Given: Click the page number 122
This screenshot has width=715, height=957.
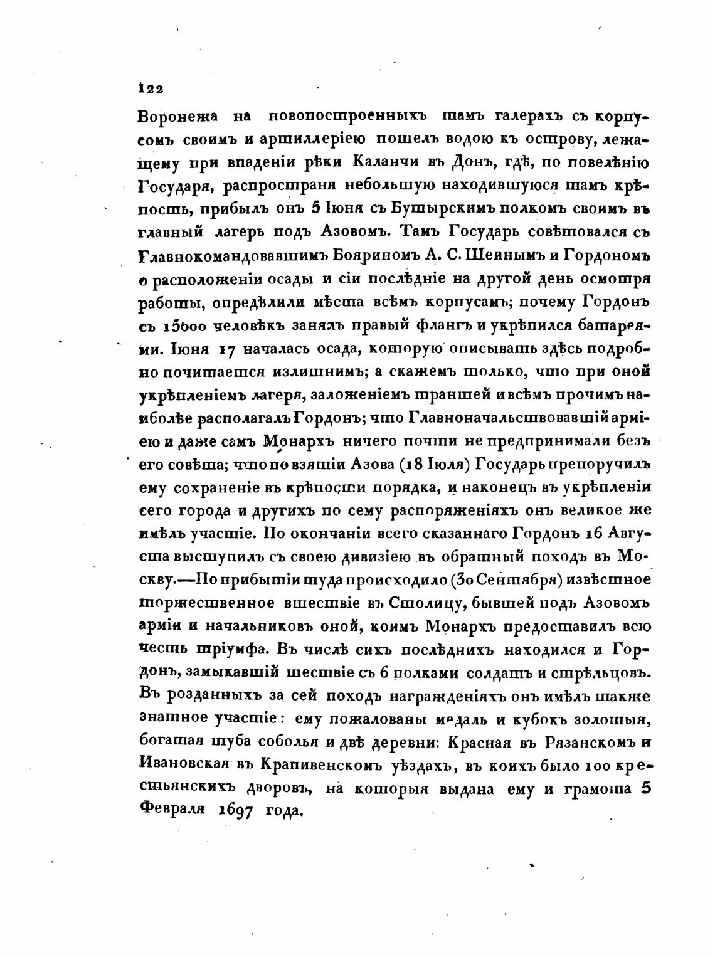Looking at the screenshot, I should click(151, 90).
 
